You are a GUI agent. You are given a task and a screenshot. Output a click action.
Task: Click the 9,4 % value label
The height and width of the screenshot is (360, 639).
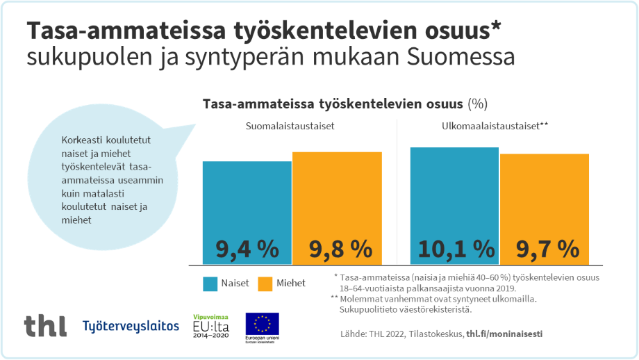click(x=247, y=248)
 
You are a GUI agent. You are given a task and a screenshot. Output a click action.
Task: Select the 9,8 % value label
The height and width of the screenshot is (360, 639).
click(x=337, y=248)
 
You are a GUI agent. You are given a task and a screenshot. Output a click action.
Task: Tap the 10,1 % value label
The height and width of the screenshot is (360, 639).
click(x=455, y=248)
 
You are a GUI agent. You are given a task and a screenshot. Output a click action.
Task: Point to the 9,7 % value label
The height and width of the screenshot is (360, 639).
click(x=545, y=248)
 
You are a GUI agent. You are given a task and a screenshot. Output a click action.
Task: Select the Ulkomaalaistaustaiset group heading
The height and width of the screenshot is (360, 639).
click(x=495, y=127)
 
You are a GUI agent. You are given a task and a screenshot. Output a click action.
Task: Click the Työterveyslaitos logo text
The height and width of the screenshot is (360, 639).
click(x=131, y=325)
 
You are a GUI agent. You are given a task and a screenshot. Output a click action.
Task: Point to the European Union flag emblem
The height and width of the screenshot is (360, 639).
click(x=262, y=324)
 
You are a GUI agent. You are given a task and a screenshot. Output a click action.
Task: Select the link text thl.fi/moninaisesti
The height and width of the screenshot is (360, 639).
click(x=504, y=334)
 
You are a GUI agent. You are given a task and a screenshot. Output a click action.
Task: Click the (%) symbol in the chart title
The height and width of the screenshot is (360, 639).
click(x=478, y=104)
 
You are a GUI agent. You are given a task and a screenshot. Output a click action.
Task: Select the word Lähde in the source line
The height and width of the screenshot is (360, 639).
click(x=354, y=334)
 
